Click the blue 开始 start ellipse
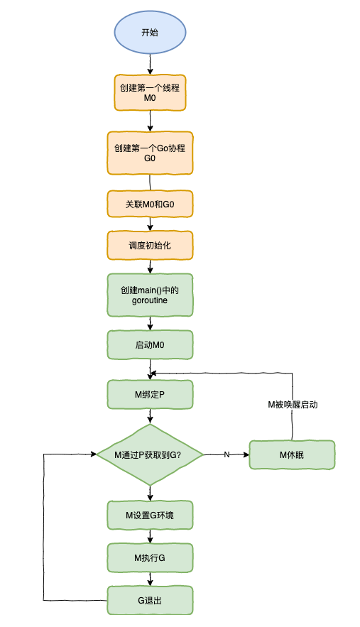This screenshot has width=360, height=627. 150,33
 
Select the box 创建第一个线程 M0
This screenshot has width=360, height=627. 150,92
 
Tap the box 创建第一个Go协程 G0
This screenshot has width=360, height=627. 150,153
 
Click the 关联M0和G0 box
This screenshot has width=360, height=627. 150,204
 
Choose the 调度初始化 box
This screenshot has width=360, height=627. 150,245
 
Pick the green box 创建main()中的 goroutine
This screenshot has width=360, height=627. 150,295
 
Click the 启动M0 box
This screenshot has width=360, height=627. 150,345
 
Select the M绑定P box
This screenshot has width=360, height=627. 150,394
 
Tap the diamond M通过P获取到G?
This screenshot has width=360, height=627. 150,454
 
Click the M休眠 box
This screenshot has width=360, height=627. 292,454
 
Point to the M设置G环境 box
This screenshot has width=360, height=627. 150,515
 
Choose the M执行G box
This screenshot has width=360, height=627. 150,557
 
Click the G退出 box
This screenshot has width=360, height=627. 150,600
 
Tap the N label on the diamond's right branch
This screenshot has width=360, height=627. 227,454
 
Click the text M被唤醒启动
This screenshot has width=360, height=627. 292,404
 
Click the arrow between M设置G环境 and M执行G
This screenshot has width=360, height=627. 150,536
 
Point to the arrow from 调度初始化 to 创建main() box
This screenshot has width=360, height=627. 150,266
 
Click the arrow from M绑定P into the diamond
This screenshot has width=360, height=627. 150,417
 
